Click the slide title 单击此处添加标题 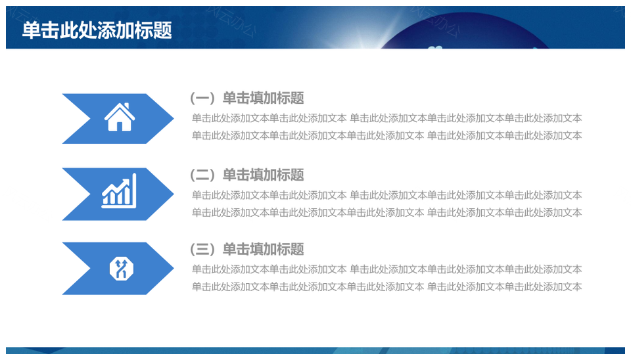point(97,30)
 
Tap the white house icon point(120,117)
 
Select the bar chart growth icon point(119,191)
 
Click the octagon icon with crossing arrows point(121,268)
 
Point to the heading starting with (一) point(246,98)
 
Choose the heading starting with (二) point(246,175)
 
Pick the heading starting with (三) point(246,249)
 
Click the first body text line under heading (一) point(386,118)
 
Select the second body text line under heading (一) point(386,135)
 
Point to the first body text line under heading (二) point(386,195)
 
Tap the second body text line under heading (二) point(386,212)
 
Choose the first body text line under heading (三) point(386,269)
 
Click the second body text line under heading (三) point(386,287)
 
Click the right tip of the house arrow point(174,118)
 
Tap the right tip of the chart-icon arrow point(174,194)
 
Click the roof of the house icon point(120,110)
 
